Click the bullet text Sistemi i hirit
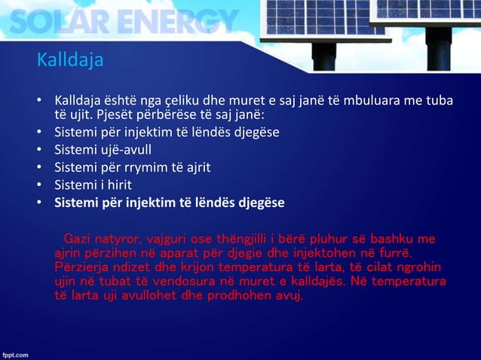point(93,184)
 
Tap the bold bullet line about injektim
point(169,201)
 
